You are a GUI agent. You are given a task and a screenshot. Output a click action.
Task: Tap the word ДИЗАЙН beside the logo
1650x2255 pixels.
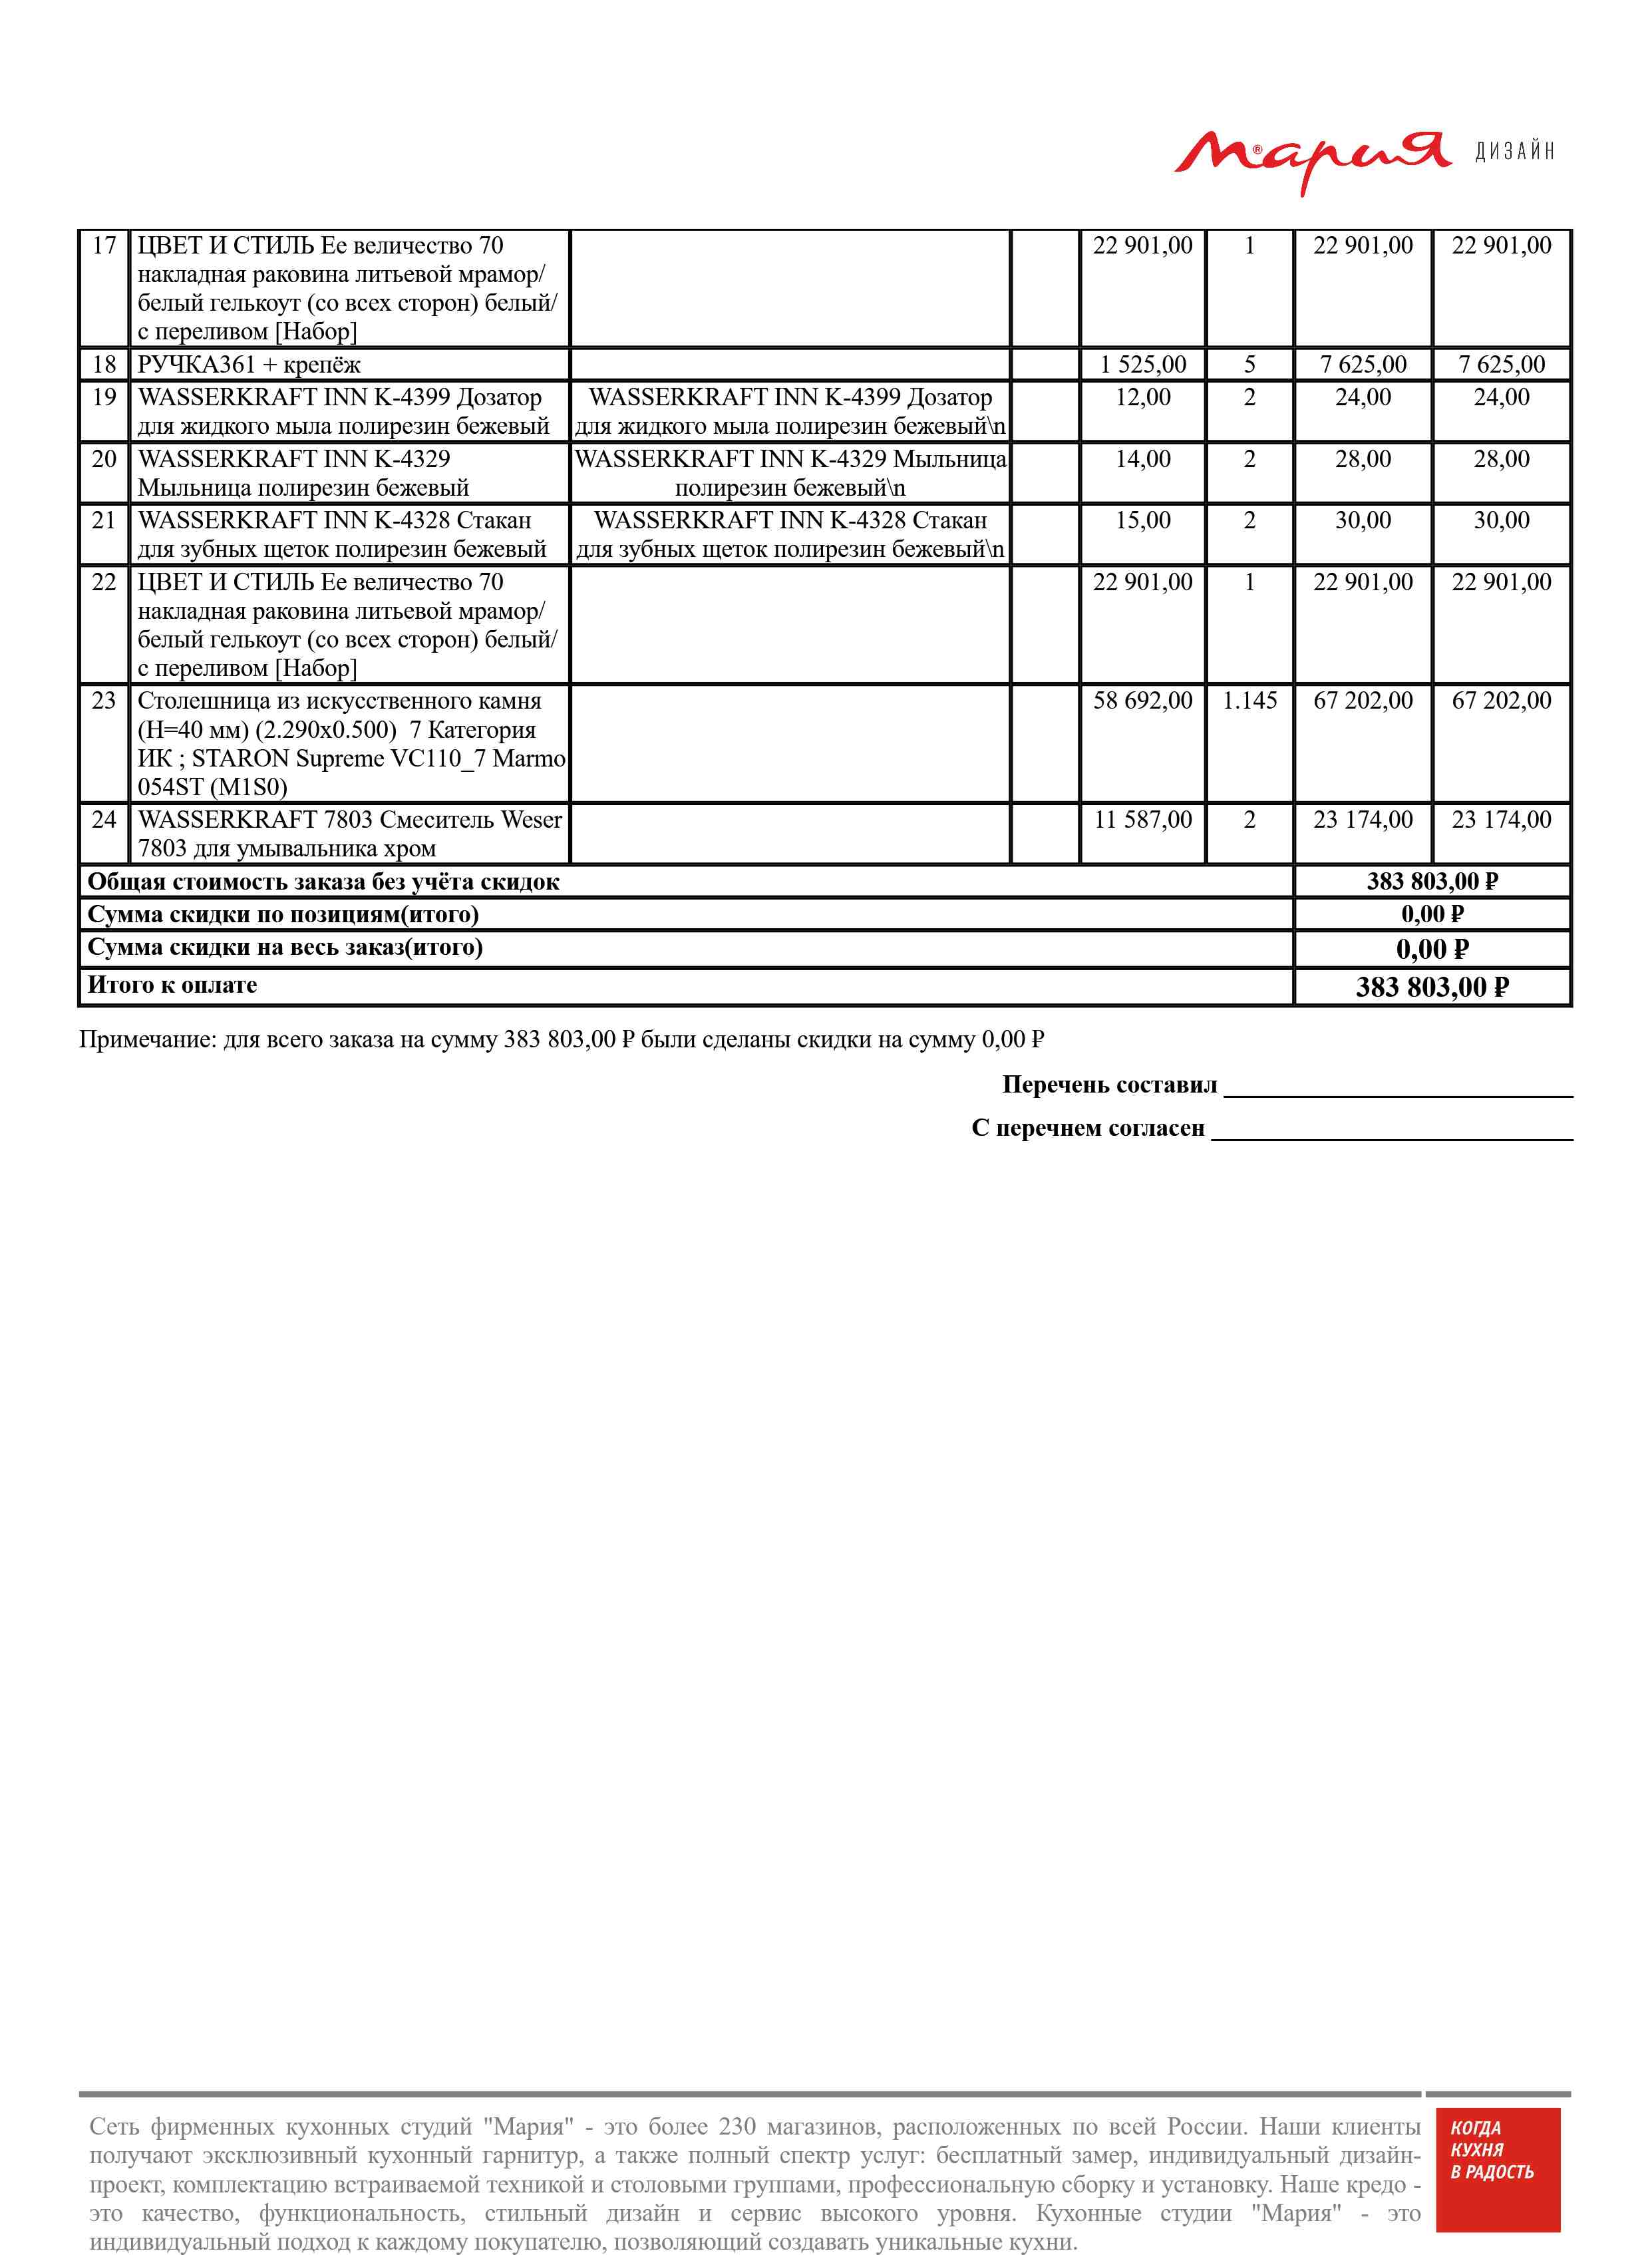(1514, 152)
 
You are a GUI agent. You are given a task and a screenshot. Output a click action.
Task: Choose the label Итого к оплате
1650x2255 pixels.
(173, 985)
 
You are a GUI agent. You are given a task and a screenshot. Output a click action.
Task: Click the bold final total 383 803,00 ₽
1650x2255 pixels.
(1432, 987)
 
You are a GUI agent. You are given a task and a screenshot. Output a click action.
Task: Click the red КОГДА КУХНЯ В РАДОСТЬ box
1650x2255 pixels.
(1497, 2182)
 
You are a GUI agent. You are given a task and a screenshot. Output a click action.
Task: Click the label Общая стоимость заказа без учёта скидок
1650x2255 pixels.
(323, 882)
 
